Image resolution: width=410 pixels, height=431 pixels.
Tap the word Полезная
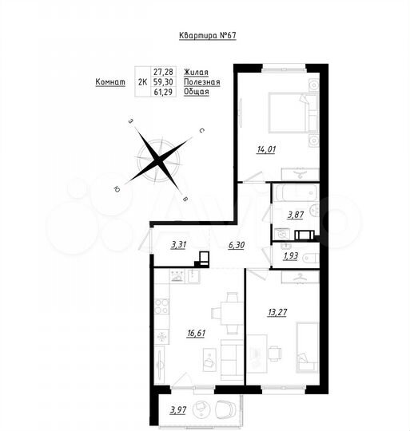(201, 81)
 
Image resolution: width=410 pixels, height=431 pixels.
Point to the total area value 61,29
(164, 92)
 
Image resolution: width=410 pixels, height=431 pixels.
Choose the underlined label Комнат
(111, 81)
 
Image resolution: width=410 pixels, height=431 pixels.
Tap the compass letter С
(202, 129)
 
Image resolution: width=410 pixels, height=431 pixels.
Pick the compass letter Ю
(117, 188)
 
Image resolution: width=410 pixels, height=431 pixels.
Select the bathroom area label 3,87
(297, 214)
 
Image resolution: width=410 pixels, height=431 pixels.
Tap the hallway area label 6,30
(237, 246)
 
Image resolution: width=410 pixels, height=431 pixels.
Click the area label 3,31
(179, 246)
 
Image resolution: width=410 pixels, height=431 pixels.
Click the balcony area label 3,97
(177, 410)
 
